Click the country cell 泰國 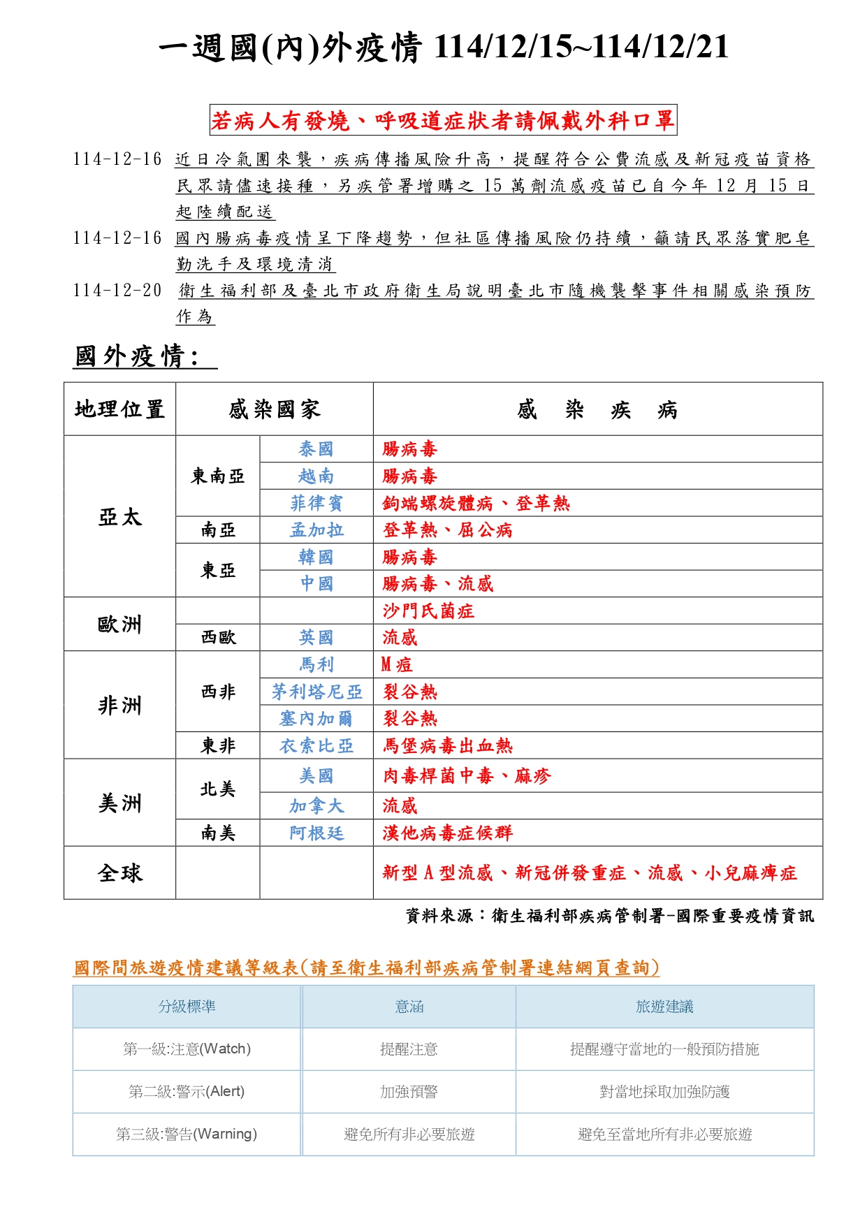316,448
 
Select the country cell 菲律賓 316,503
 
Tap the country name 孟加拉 316,530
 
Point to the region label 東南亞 217,476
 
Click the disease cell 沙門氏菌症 428,611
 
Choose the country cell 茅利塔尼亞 316,692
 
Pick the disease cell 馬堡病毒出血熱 447,745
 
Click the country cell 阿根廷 316,833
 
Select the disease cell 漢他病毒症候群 447,833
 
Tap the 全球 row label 119,873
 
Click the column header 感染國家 274,409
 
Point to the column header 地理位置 119,409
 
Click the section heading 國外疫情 137,356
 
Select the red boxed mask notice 443,121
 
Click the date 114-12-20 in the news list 117,291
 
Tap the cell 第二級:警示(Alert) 187,1091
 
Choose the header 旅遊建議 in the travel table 664,1007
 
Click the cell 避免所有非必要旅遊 409,1134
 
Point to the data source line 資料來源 609,916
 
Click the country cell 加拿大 316,806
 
